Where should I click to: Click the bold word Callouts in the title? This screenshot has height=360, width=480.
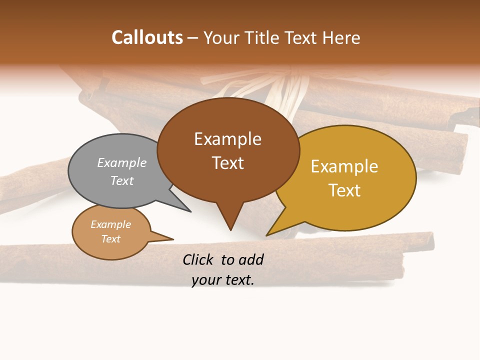point(147,37)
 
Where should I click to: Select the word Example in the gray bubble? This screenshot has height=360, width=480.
point(122,162)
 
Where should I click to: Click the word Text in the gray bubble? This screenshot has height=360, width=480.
point(122,180)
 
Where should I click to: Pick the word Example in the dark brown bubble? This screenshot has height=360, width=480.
point(227,139)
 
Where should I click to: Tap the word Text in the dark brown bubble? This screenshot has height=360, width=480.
point(228,163)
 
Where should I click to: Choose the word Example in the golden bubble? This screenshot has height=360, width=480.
point(344,166)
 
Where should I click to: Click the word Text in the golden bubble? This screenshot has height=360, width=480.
point(345,190)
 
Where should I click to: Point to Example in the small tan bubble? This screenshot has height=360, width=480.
point(111,224)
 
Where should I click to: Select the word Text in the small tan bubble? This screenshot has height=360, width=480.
point(111,239)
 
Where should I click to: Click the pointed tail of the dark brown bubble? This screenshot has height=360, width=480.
point(230,222)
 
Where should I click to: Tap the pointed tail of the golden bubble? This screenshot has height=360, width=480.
point(272,231)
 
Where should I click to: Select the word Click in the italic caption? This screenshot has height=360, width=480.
point(199,259)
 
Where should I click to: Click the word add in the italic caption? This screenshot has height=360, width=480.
point(250,259)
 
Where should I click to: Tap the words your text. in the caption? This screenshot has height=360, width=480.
point(223,280)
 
